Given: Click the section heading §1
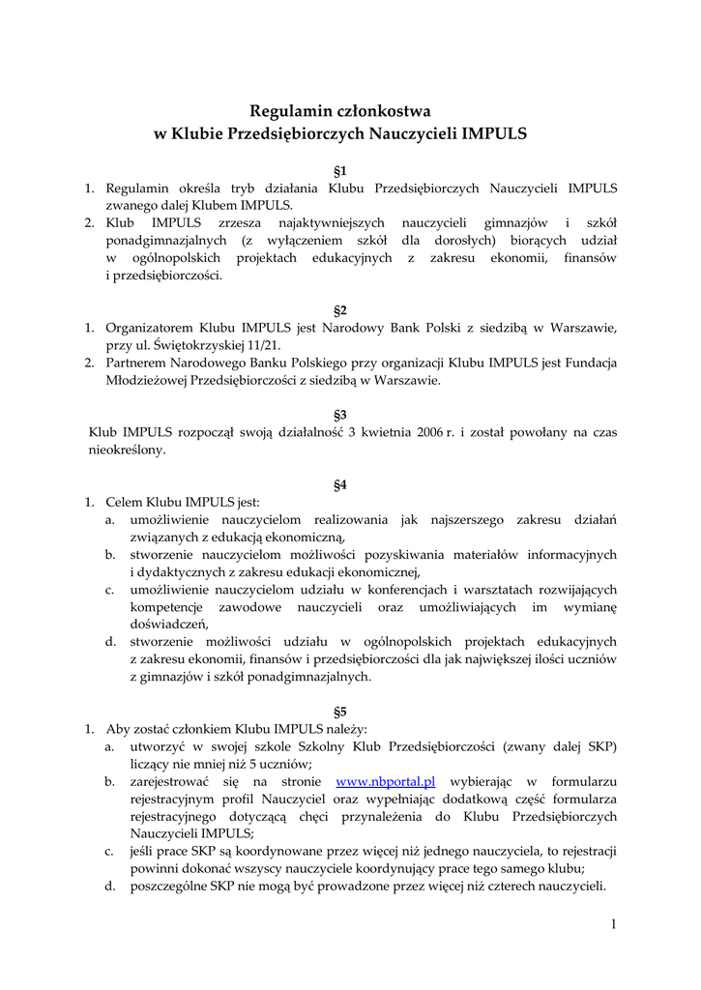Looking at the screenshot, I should point(340,171).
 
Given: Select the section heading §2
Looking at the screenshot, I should point(340,310).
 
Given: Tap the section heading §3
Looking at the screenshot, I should point(340,415).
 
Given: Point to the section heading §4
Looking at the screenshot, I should point(340,484).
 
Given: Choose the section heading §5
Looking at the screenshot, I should point(340,711).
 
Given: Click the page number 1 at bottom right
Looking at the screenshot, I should point(613,924).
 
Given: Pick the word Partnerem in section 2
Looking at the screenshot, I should point(136,363).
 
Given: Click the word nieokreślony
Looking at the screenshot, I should point(127,450).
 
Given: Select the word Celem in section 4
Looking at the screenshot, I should point(124,502).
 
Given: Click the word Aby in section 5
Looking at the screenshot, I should point(118,728).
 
